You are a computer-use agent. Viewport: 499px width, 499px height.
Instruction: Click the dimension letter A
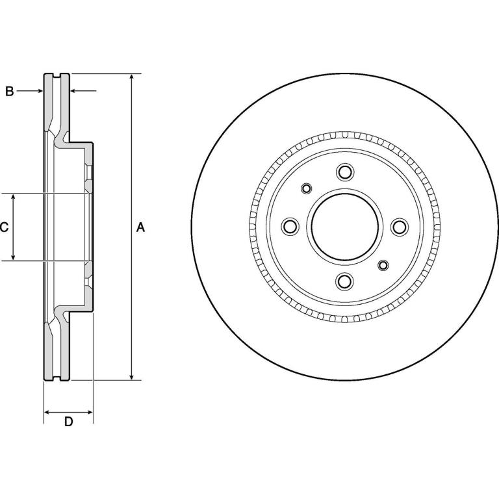click(x=140, y=227)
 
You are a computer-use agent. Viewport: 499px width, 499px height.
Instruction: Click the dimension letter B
click(x=10, y=92)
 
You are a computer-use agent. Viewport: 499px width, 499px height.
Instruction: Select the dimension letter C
click(x=4, y=227)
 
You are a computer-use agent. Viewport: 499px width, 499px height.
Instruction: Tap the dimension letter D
click(x=68, y=422)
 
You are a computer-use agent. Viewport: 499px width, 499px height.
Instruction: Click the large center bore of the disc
click(x=345, y=227)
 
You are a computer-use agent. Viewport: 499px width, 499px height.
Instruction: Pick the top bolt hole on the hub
click(x=345, y=172)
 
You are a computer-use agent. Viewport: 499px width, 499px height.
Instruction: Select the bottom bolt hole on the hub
click(x=344, y=281)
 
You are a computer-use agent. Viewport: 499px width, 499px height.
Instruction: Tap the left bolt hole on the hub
click(x=290, y=227)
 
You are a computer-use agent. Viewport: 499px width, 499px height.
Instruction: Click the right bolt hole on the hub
click(x=400, y=227)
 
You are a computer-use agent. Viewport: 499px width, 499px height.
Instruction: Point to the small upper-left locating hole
click(x=307, y=188)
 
